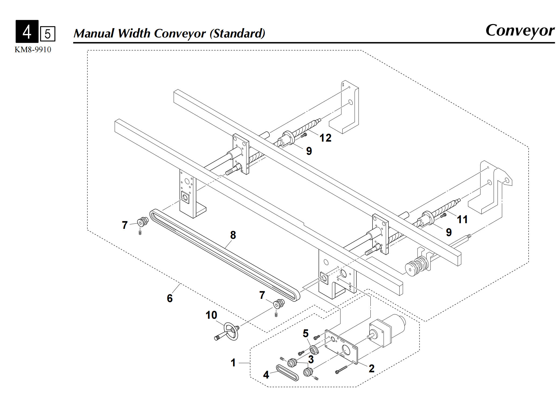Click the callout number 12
point(325,138)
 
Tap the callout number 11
point(462,219)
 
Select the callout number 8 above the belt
point(233,235)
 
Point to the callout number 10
point(211,315)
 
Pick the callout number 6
point(170,298)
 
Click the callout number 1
point(233,363)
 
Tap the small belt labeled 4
point(287,373)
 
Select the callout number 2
point(371,369)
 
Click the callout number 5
point(305,334)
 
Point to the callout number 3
point(311,360)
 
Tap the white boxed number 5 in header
point(48,34)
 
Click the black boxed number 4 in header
point(27,31)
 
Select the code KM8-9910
point(33,50)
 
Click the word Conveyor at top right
point(520,30)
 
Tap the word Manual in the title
point(94,33)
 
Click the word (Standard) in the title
point(237,34)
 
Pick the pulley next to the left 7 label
point(143,222)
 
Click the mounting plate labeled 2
point(342,347)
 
